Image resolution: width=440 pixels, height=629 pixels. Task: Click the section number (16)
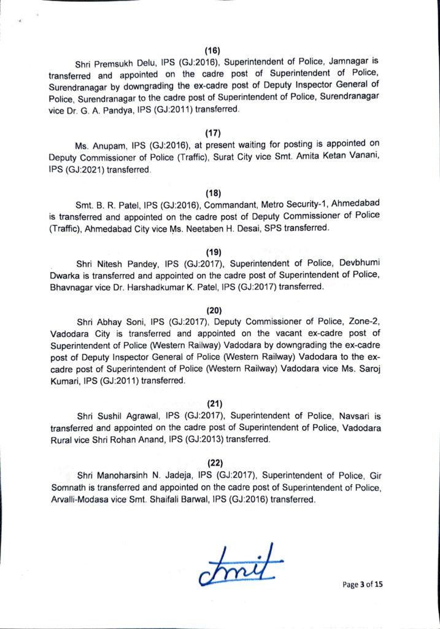pyautogui.click(x=212, y=50)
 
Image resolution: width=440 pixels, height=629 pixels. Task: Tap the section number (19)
pyautogui.click(x=212, y=251)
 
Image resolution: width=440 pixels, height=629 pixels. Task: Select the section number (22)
pyautogui.click(x=212, y=462)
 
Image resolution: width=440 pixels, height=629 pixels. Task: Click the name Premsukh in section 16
pyautogui.click(x=116, y=63)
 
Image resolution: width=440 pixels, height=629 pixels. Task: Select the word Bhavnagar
pyautogui.click(x=74, y=286)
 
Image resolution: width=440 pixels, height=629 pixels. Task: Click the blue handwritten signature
pyautogui.click(x=240, y=566)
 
